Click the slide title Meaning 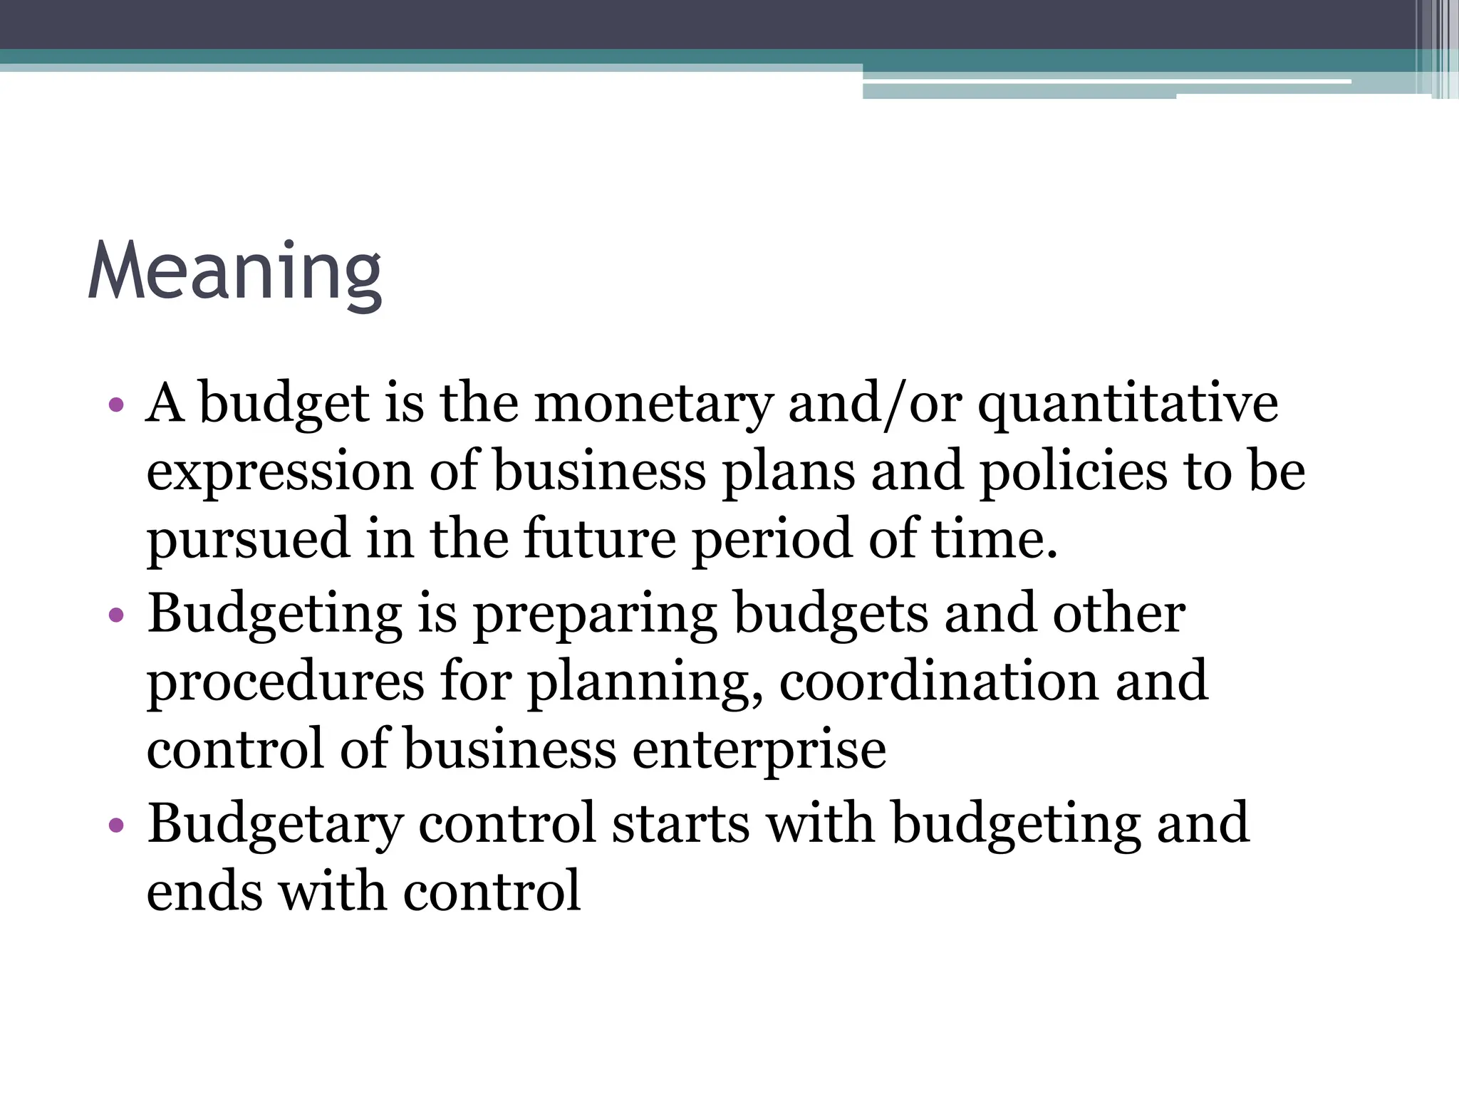235,273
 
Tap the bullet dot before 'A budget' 117,406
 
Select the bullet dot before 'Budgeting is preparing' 117,615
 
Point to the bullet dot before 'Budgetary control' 117,825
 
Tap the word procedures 285,682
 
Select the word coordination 939,681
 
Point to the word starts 680,823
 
